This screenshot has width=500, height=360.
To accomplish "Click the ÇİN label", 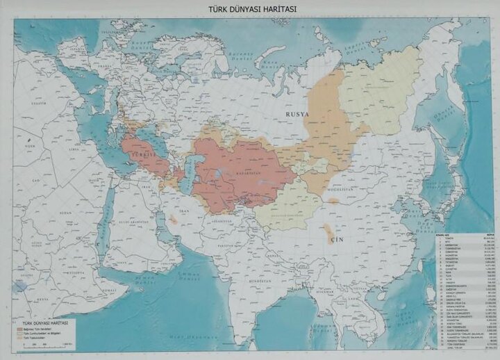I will click(x=337, y=237).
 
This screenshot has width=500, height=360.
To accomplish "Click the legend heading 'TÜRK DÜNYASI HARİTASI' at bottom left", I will click(x=48, y=323).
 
